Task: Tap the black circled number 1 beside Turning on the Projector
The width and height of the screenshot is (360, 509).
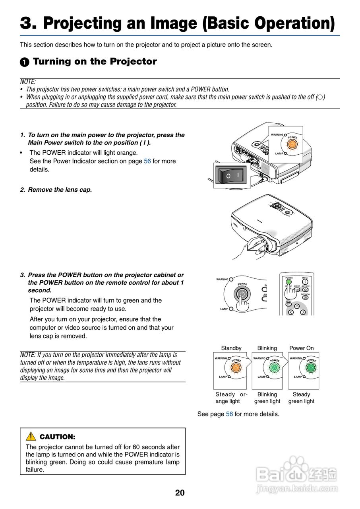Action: pyautogui.click(x=25, y=62)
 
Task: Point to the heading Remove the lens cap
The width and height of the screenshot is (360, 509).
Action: pyautogui.click(x=60, y=190)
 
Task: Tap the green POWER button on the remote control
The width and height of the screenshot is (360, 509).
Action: pyautogui.click(x=289, y=282)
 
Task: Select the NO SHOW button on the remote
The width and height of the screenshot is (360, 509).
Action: pyautogui.click(x=305, y=297)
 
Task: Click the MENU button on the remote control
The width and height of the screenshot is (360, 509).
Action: pyautogui.click(x=288, y=305)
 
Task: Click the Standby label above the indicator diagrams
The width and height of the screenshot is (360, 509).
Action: pyautogui.click(x=231, y=348)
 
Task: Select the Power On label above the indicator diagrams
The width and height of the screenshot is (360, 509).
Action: pyautogui.click(x=301, y=348)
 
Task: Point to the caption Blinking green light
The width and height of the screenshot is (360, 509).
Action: pyautogui.click(x=267, y=398)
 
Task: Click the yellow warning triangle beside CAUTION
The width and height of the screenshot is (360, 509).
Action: pyautogui.click(x=31, y=436)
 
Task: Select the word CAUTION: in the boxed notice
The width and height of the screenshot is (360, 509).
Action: pyautogui.click(x=57, y=437)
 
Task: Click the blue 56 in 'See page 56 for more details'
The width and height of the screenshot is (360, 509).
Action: pyautogui.click(x=229, y=414)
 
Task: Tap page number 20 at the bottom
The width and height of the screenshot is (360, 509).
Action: pyautogui.click(x=180, y=493)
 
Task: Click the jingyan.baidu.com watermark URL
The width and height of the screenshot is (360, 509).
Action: pyautogui.click(x=297, y=489)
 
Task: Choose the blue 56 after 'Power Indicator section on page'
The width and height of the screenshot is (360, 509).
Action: pyautogui.click(x=147, y=161)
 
